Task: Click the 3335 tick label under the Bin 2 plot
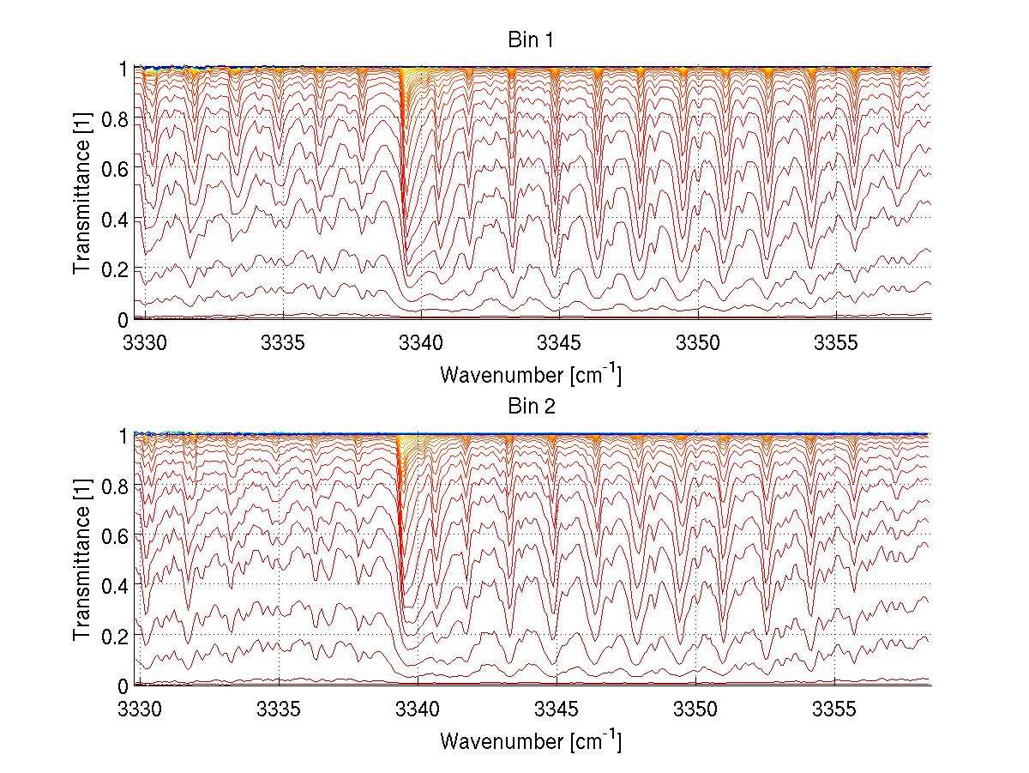pos(280,706)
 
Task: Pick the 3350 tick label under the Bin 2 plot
pos(695,706)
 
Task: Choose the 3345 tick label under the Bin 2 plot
pos(557,706)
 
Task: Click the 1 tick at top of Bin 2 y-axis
pos(123,435)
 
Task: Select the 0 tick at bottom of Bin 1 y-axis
pos(123,319)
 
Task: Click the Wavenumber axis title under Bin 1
pos(531,374)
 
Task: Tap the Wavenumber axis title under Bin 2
pos(531,740)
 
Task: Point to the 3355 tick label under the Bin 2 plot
pos(834,706)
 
